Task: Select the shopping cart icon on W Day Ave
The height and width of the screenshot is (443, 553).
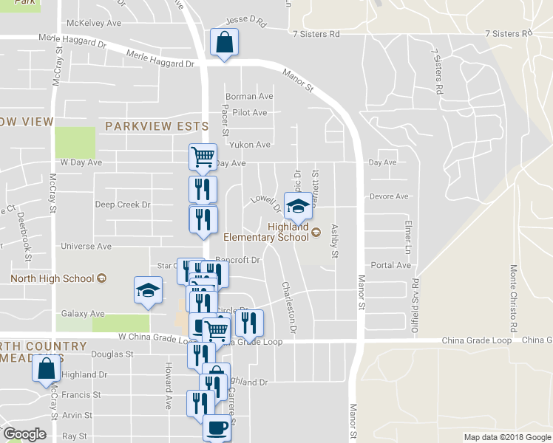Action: point(203,157)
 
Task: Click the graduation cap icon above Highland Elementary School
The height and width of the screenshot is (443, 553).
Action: point(298,205)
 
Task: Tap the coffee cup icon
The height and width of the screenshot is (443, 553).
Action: point(217,427)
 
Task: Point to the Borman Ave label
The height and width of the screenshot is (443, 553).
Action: point(249,97)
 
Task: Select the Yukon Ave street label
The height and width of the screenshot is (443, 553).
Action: point(250,145)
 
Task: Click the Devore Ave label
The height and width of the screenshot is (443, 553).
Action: point(388,196)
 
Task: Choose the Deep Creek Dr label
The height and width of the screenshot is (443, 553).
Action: point(123,205)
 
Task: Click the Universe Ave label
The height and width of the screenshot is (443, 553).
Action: point(85,246)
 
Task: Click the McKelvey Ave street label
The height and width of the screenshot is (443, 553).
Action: point(93,24)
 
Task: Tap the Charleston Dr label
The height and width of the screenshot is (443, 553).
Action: point(291,305)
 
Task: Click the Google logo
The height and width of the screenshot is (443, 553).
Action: point(24,434)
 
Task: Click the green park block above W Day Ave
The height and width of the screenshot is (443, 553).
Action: point(75,142)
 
